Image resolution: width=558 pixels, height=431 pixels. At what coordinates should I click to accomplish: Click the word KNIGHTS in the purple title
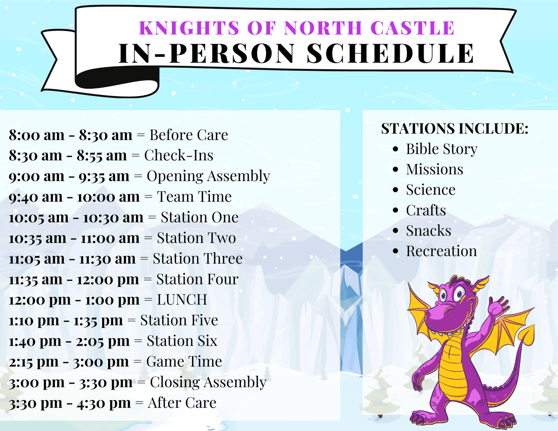[x=189, y=28]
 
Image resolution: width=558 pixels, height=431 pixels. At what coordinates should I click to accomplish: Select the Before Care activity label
[x=189, y=135]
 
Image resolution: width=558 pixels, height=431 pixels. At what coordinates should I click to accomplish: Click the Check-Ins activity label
[x=179, y=155]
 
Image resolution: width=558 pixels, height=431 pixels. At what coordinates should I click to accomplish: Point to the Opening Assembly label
[x=208, y=176]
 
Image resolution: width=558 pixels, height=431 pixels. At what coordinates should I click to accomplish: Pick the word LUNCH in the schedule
[x=182, y=300]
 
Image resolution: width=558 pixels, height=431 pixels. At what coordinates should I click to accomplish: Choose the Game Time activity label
[x=184, y=361]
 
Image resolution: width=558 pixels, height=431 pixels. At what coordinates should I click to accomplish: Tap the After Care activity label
[x=182, y=403]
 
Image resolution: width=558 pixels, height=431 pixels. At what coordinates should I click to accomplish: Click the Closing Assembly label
[x=208, y=382]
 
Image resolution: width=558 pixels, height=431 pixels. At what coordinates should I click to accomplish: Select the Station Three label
[x=198, y=259]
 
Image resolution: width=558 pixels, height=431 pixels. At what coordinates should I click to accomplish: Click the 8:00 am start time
[x=36, y=135]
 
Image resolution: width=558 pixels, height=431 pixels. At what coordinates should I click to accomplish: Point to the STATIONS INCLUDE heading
[x=454, y=128]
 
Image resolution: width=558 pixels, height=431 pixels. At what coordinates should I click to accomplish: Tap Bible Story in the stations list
[x=442, y=149]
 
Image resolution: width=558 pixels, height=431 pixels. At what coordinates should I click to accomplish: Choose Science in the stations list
[x=430, y=190]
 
